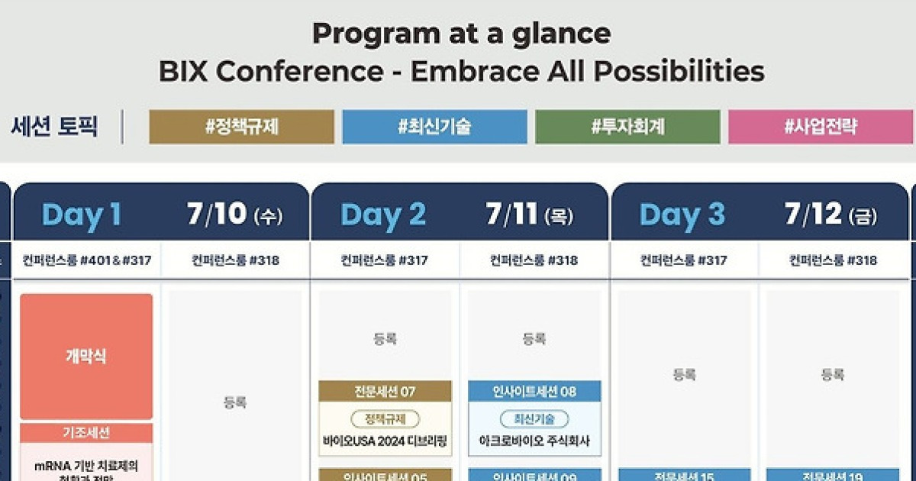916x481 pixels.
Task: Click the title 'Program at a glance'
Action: (x=461, y=34)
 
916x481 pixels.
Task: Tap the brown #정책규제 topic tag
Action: (x=241, y=127)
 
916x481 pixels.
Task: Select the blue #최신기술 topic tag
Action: (x=434, y=127)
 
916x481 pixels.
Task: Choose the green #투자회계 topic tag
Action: (x=627, y=127)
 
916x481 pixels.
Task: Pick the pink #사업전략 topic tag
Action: (x=821, y=127)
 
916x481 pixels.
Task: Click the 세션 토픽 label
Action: (x=54, y=126)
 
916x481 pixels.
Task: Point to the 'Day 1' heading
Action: (x=82, y=215)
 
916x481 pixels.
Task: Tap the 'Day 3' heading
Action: (x=682, y=215)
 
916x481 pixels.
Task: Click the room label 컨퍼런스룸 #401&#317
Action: (x=86, y=260)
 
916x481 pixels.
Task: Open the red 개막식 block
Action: (x=86, y=357)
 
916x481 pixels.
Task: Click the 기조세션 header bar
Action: (x=86, y=433)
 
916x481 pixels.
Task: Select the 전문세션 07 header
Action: (x=385, y=392)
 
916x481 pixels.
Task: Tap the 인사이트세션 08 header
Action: (x=534, y=392)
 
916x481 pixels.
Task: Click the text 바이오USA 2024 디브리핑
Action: (x=385, y=441)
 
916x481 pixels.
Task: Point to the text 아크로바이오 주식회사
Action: (x=534, y=441)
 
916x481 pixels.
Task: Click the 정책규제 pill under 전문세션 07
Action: (x=385, y=418)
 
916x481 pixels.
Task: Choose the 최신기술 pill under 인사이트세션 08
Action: (x=534, y=418)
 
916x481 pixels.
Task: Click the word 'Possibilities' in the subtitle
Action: (x=679, y=72)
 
